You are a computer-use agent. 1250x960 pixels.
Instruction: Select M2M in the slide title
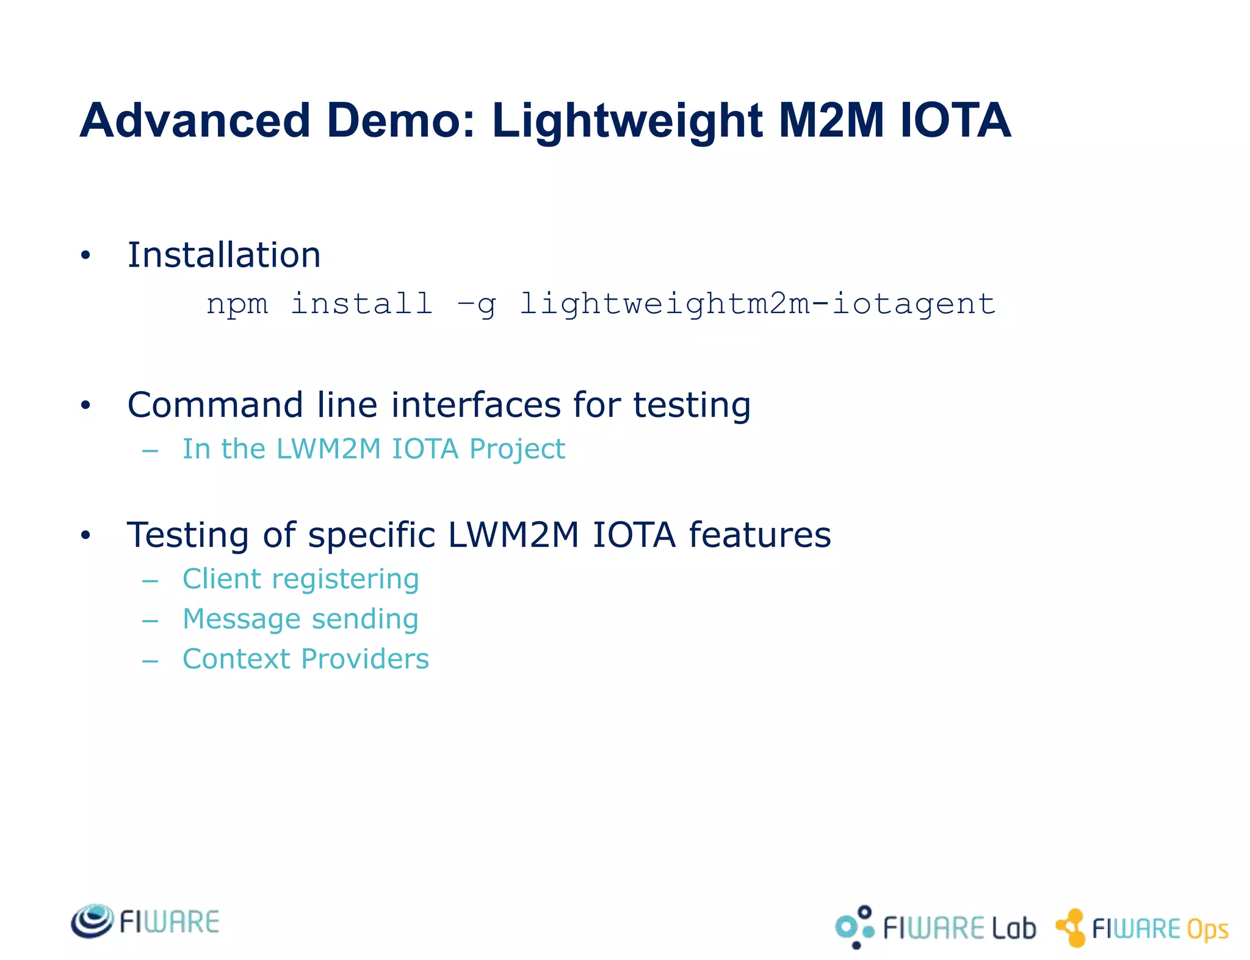click(831, 120)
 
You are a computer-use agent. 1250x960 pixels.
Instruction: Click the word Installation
click(223, 254)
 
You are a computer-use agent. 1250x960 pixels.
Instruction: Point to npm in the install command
click(237, 305)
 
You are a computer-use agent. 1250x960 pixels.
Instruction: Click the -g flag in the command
click(477, 305)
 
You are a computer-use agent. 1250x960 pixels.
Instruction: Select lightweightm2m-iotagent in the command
click(757, 305)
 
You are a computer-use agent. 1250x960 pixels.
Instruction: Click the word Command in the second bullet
click(215, 405)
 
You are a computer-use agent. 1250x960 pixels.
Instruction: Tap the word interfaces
click(475, 405)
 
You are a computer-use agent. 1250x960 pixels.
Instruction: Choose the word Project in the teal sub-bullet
click(518, 449)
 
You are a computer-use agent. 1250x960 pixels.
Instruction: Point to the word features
click(760, 535)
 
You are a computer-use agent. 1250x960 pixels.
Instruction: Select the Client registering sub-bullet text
click(301, 579)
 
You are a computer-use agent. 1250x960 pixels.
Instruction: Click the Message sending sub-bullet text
click(301, 619)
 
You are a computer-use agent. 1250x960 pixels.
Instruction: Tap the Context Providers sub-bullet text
click(306, 659)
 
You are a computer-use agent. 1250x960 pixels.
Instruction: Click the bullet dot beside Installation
click(85, 256)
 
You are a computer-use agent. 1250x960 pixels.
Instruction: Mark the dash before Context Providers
click(150, 660)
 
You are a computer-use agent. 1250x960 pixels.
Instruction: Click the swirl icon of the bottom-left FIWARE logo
click(92, 921)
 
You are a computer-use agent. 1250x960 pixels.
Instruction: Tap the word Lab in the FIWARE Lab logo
click(1013, 928)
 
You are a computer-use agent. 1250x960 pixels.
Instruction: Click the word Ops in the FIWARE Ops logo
click(1207, 929)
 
